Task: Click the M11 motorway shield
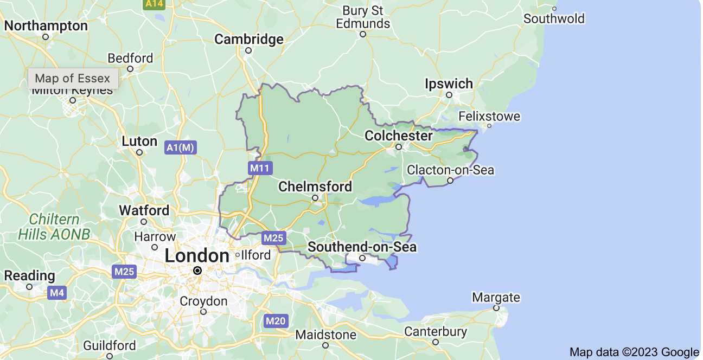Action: tap(260, 168)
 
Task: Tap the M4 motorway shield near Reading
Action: tap(56, 293)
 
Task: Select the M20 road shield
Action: tap(275, 321)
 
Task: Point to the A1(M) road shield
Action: tap(181, 147)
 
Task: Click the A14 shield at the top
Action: tap(154, 3)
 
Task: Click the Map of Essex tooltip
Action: tap(73, 79)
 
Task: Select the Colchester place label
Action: tap(399, 136)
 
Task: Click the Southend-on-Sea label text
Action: tap(362, 247)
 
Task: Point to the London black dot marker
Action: tap(197, 270)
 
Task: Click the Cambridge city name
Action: tap(249, 39)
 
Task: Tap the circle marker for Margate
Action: tap(496, 308)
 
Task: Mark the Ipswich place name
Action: tap(449, 84)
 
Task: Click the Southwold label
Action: tap(554, 19)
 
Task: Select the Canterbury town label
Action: tap(436, 331)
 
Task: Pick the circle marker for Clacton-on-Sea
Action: tap(450, 181)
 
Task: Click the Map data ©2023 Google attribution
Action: tap(634, 352)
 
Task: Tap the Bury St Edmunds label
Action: tap(363, 17)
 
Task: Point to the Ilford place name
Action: tap(256, 255)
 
